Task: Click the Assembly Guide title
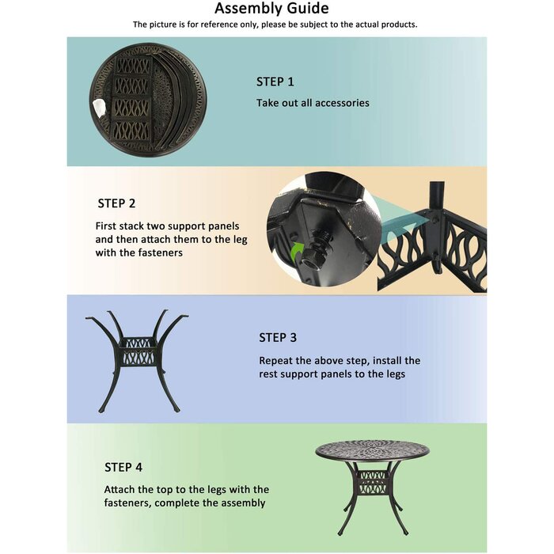272,9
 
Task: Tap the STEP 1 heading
275,82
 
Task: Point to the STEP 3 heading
278,338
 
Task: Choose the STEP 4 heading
123,468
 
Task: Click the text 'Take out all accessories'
313,103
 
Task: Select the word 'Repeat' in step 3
277,360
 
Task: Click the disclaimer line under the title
275,25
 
